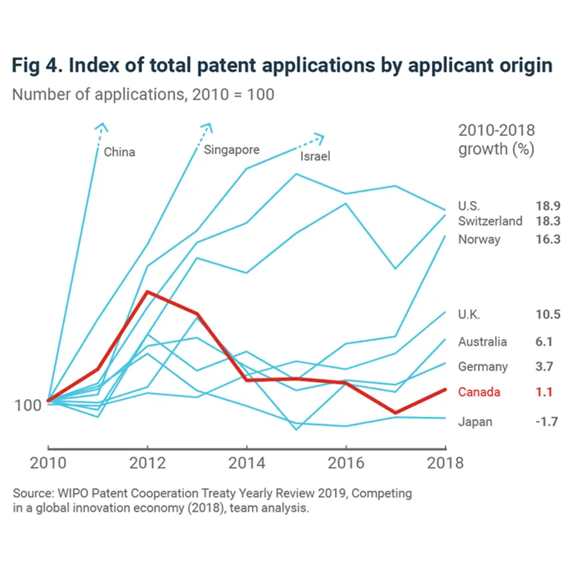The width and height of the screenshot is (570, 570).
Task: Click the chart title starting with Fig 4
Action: (x=281, y=66)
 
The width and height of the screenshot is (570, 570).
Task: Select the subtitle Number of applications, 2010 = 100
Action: (x=143, y=94)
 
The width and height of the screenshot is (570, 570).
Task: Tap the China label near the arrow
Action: (x=119, y=152)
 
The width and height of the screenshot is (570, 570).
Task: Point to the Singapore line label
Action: (x=232, y=149)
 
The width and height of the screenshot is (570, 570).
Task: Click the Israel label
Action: (x=315, y=157)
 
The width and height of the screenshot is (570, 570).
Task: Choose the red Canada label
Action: (x=479, y=392)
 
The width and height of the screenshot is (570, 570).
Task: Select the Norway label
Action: (x=479, y=239)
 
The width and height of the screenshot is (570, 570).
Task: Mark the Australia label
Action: (x=482, y=342)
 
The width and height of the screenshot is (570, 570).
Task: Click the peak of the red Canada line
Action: (x=147, y=292)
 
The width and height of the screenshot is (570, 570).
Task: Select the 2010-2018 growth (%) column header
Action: (x=496, y=140)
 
